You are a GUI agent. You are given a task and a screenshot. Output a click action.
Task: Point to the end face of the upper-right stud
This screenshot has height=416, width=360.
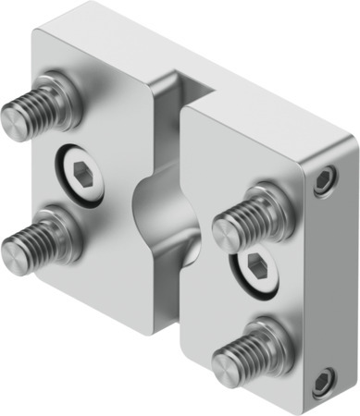click(x=226, y=232)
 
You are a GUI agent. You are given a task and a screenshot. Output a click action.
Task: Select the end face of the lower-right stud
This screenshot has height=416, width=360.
click(x=226, y=367)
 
